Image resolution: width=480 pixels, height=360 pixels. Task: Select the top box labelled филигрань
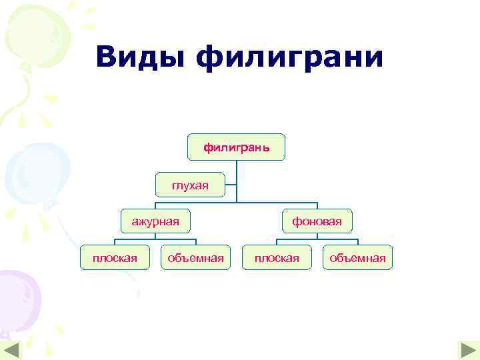237,147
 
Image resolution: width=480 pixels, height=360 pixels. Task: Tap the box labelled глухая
190,185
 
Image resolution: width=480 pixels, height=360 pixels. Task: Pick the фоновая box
317,221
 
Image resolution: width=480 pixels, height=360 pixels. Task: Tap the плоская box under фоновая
277,257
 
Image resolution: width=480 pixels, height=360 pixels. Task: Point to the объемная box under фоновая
358,257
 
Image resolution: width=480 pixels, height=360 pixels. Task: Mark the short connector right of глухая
231,185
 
